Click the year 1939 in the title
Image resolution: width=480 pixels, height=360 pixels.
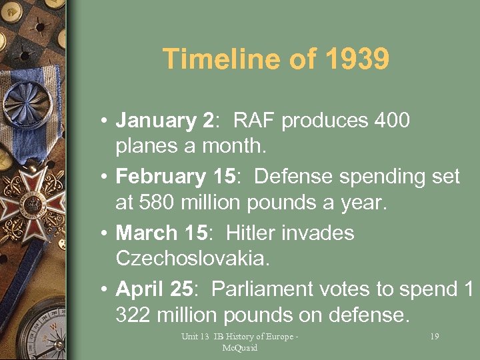point(357,59)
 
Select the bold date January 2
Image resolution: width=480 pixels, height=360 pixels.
point(164,121)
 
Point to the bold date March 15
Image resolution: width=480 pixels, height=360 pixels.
point(161,233)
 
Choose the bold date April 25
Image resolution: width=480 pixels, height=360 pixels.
point(154,289)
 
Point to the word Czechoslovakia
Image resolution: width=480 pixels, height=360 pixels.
point(193,258)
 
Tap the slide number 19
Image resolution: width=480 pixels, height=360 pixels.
point(434,337)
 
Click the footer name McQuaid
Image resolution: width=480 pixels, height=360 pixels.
point(240,347)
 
